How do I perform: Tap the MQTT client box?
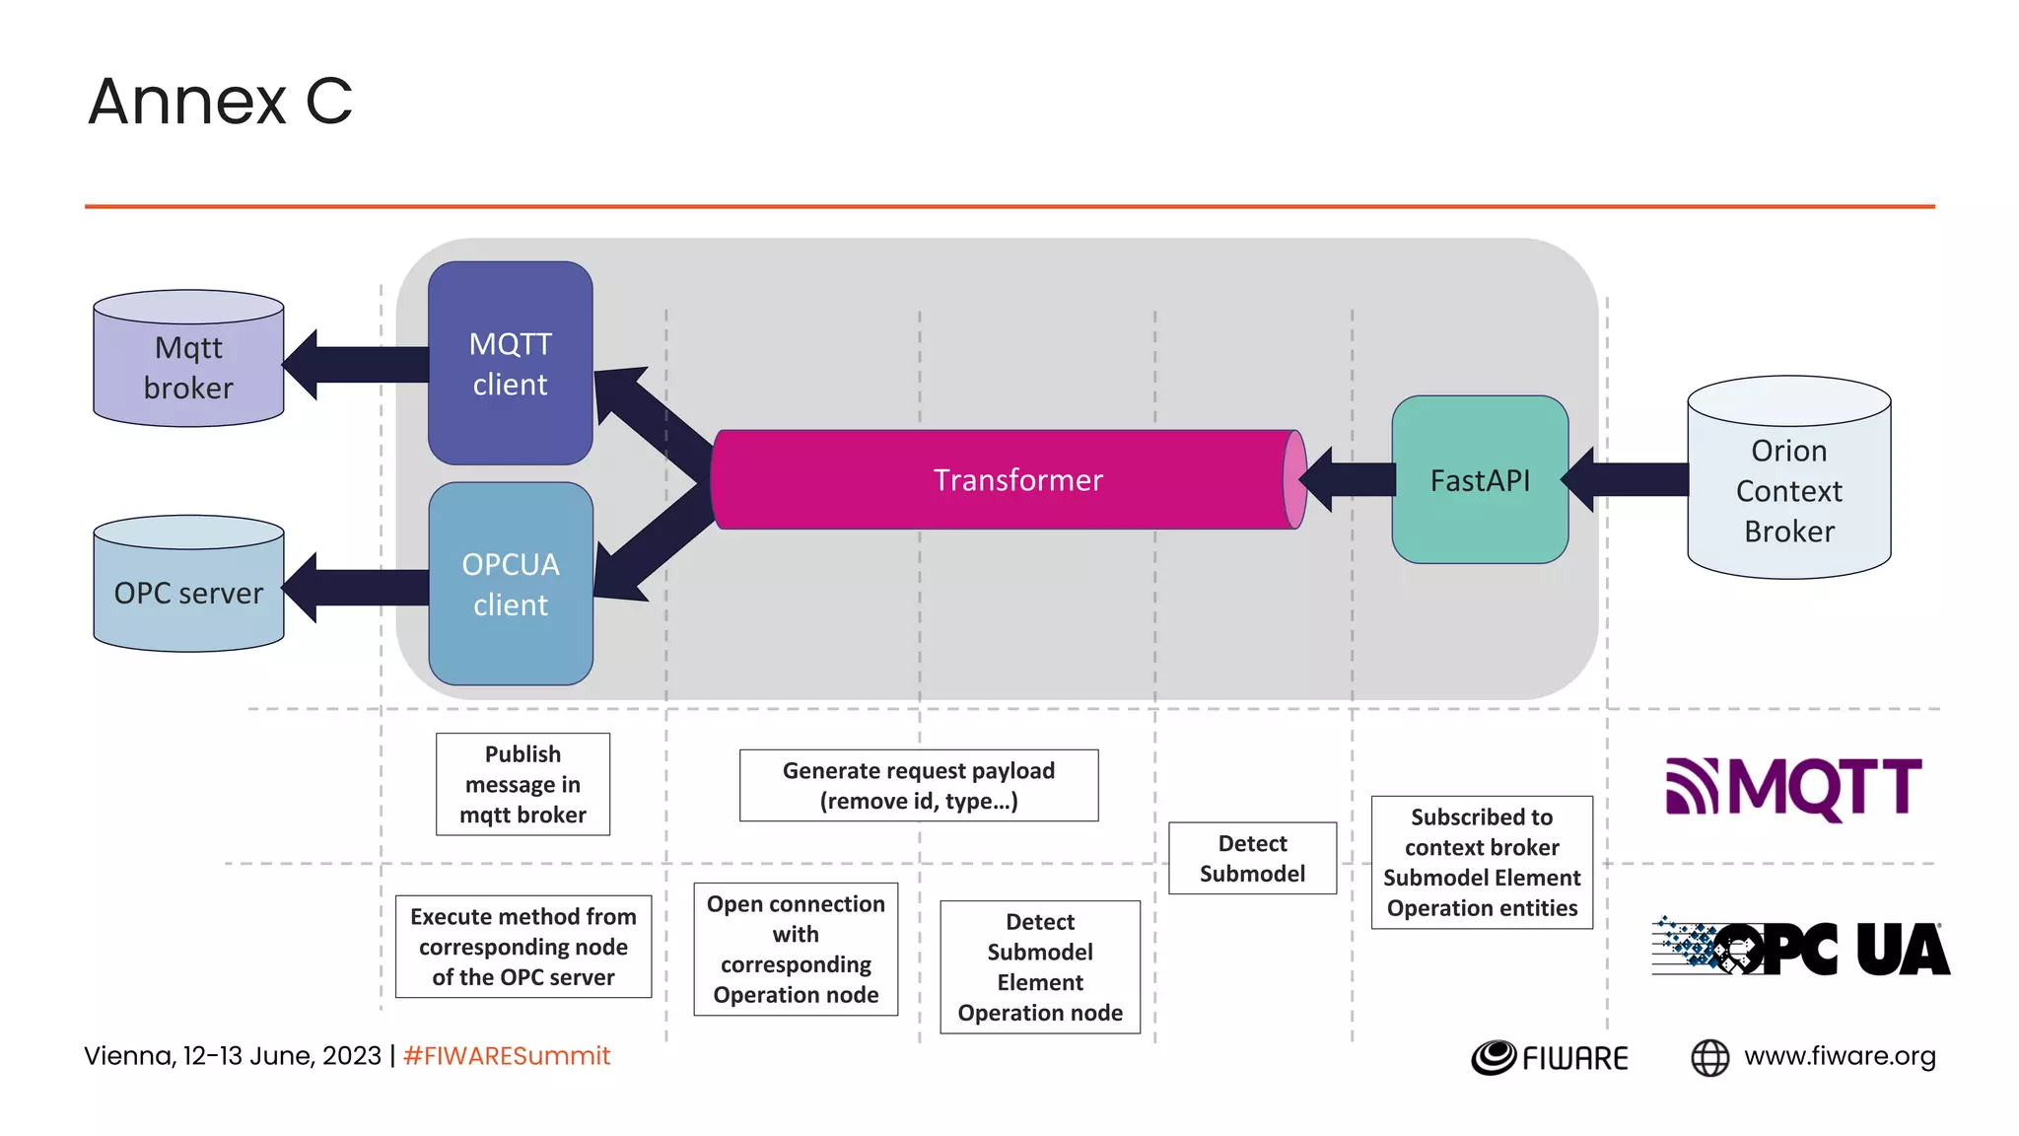pos(510,363)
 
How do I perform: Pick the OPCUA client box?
pos(510,584)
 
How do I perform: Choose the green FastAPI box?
pos(1479,480)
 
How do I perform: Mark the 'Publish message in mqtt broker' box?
pos(522,784)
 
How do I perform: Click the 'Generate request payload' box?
pos(918,785)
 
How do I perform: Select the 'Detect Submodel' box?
pos(1252,858)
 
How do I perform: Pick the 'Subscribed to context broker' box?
pos(1481,862)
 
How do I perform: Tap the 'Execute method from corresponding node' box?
pos(522,947)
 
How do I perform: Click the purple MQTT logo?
pos(1793,788)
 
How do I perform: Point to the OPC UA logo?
pos(1800,948)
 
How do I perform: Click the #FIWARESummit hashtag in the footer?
pos(507,1056)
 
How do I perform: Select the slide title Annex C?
pos(220,101)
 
